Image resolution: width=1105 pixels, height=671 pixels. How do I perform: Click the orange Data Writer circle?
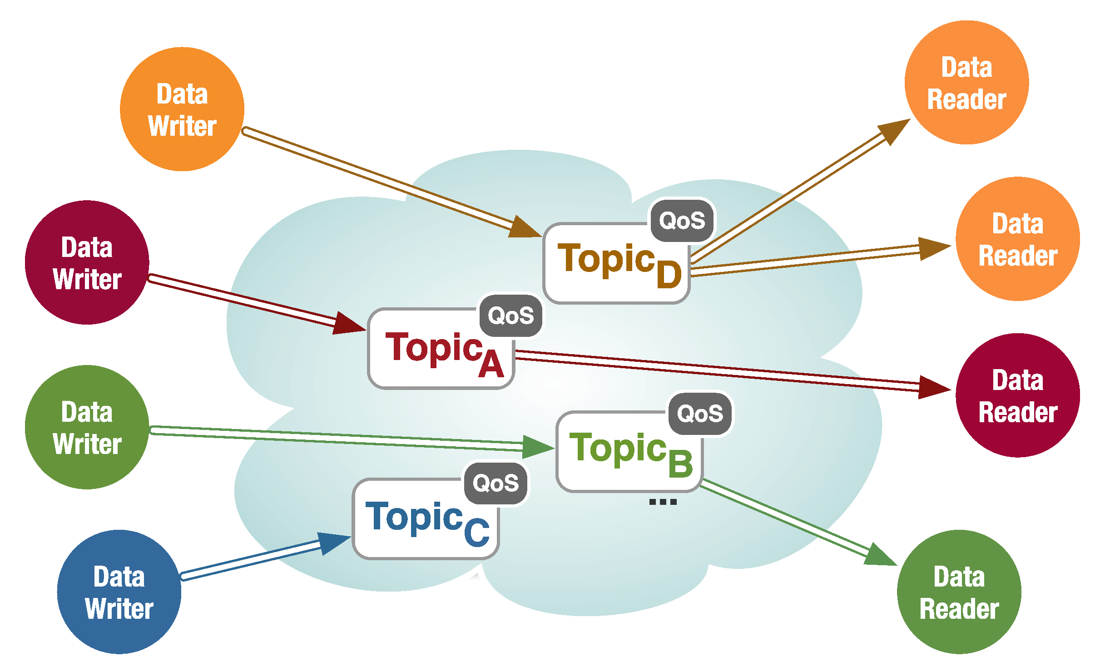[182, 109]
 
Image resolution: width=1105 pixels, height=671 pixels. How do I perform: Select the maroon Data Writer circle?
[87, 262]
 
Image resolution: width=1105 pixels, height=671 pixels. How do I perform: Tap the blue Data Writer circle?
[119, 592]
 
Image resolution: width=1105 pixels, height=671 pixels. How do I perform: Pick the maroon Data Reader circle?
[1017, 395]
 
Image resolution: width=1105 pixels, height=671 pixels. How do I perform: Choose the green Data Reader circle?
[959, 592]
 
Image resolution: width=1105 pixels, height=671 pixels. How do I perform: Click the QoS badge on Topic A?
[511, 316]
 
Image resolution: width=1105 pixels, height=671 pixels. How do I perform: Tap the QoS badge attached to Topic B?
[700, 414]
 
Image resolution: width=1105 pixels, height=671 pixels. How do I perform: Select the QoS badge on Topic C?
[496, 483]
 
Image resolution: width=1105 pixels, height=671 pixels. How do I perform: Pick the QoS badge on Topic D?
[682, 221]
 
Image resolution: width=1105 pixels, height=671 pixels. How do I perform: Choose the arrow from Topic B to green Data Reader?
[790, 522]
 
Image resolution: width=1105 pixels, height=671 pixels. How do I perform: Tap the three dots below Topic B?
[663, 502]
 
